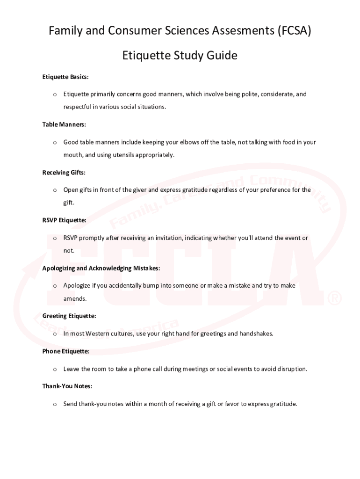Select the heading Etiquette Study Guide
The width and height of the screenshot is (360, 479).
point(180,56)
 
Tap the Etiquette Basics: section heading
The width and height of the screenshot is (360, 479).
point(65,77)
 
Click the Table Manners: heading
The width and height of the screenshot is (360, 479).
point(64,124)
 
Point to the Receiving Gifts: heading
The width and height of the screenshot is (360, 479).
point(64,173)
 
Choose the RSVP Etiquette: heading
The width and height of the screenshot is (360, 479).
point(64,220)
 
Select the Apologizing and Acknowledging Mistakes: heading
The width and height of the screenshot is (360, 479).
point(101,269)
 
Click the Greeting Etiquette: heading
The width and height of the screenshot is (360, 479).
point(69,316)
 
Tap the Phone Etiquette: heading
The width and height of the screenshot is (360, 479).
point(66,351)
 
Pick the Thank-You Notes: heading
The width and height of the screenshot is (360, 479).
point(67,386)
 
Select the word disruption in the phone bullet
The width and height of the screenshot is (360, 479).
point(292,369)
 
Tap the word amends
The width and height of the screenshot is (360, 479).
point(75,298)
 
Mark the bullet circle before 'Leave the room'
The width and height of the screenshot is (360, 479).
point(55,370)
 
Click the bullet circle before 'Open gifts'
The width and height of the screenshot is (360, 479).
point(55,190)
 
